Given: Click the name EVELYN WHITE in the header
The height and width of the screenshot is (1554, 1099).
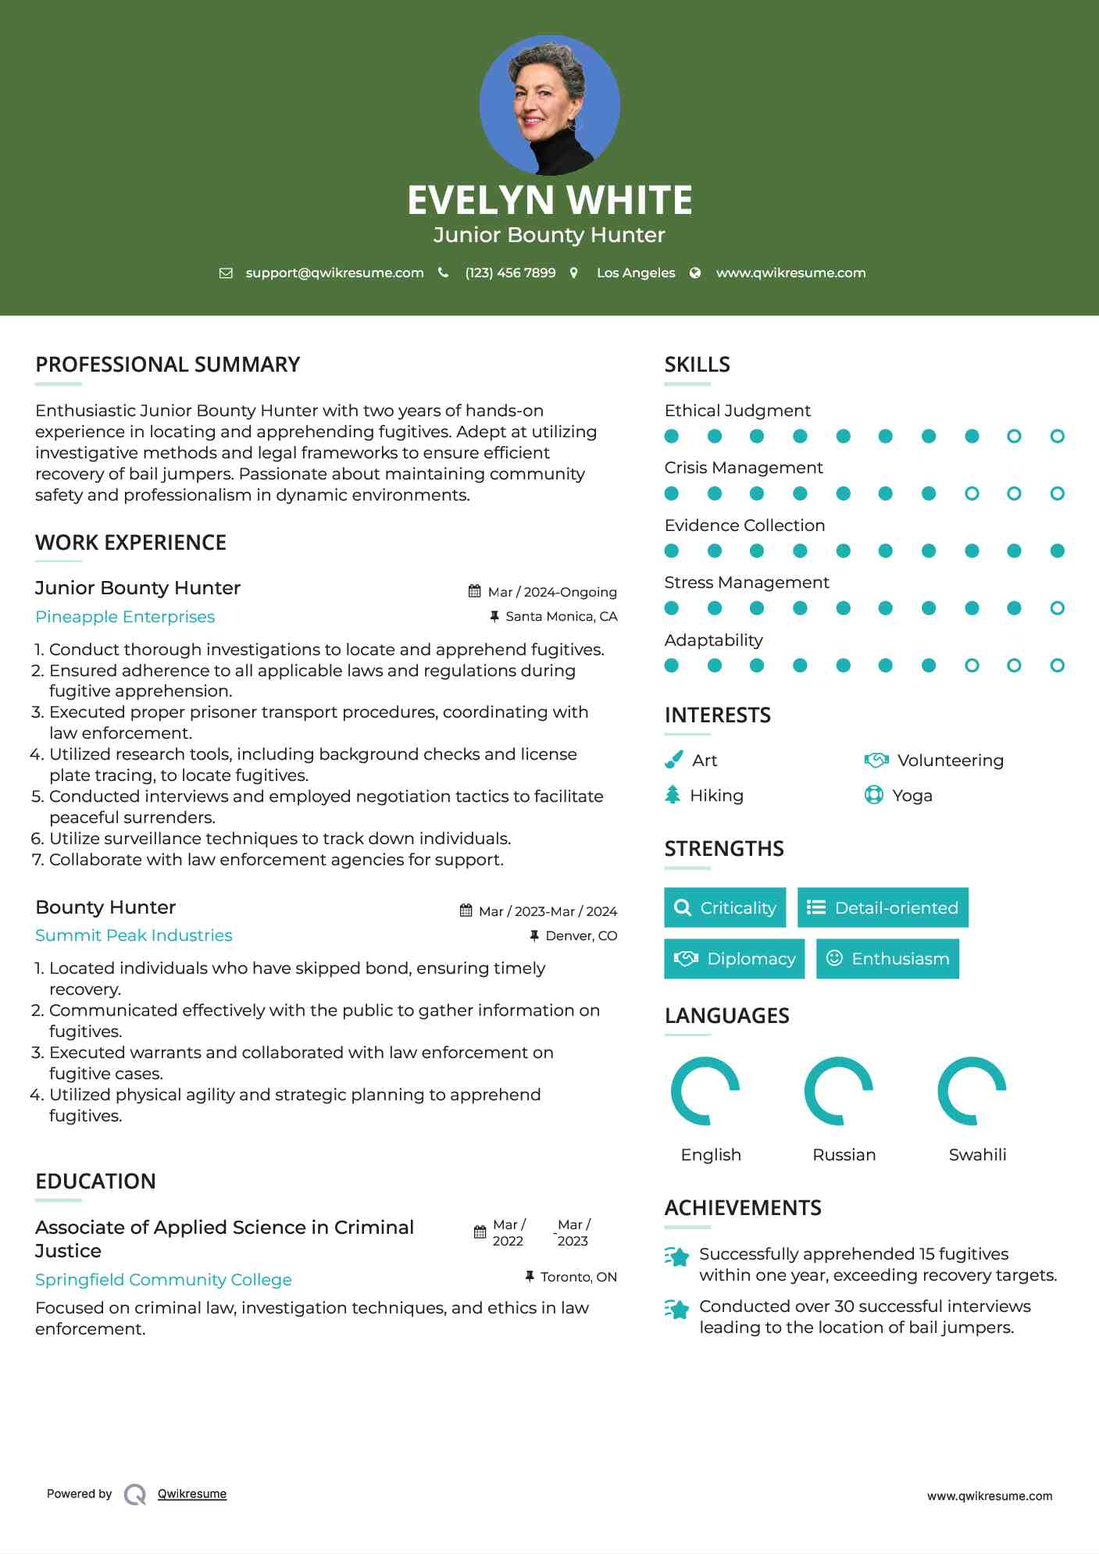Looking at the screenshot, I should point(549,200).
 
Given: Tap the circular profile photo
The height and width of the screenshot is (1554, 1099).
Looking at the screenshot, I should point(549,105).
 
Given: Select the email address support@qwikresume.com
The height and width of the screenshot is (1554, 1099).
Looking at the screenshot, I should point(334,273).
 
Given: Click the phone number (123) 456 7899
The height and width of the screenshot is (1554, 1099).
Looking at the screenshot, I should point(510,273).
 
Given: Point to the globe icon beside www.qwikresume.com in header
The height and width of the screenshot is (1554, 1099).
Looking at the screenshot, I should point(695,273).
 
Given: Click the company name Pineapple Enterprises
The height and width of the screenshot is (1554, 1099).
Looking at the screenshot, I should point(125,617).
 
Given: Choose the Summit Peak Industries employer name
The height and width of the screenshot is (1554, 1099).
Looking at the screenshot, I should point(134,936).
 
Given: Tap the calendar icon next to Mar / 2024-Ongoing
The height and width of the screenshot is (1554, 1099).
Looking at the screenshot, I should point(474,591).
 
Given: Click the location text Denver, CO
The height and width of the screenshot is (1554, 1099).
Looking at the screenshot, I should point(581,936).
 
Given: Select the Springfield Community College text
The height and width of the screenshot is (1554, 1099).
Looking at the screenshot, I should point(163,1280).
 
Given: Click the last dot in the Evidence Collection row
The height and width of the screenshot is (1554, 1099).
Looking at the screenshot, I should point(1057,551).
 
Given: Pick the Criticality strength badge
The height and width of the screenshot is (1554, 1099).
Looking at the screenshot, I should point(725,907).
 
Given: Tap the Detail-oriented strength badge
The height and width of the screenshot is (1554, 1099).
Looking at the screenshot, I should point(883,907).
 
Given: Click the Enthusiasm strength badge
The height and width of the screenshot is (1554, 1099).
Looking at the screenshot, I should point(887,959).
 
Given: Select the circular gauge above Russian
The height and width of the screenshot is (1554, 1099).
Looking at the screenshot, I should point(839,1091).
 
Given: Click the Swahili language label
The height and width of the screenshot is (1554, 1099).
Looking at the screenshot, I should point(977,1155).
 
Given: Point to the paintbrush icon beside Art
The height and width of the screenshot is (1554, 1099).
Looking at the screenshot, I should point(673,760).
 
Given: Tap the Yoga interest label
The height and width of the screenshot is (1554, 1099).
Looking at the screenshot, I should point(912,796).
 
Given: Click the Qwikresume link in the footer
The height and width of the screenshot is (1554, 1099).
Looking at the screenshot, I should point(192,1494).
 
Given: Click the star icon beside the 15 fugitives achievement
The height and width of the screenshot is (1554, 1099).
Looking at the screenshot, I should point(677,1256).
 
